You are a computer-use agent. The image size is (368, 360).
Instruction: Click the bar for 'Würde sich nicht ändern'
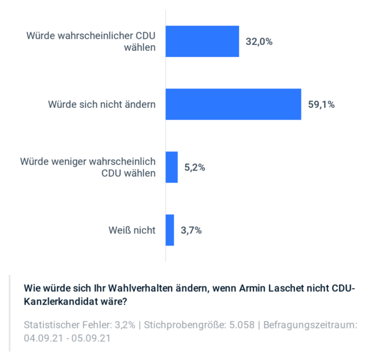[233, 104]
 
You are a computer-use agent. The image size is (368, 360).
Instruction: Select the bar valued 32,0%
[202, 41]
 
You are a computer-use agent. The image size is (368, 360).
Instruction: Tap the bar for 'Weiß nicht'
[170, 230]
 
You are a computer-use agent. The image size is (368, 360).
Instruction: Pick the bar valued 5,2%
[172, 167]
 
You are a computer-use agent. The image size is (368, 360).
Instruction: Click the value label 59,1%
[321, 105]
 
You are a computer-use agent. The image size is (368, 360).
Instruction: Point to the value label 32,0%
[260, 42]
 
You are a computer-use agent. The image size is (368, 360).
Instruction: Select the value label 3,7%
[191, 231]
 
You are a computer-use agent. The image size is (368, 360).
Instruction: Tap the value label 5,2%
[195, 168]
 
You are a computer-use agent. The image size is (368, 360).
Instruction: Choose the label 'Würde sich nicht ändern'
[102, 104]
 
